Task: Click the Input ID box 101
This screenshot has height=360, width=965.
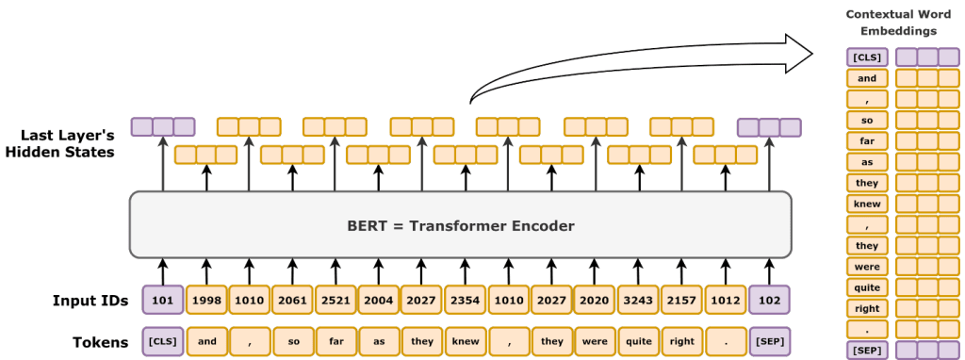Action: click(x=163, y=300)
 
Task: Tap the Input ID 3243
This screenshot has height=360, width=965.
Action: click(x=638, y=300)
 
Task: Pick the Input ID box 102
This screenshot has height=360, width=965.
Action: click(x=767, y=300)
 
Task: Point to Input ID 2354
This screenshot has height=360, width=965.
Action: click(x=466, y=300)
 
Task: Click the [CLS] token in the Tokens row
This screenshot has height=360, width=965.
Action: click(x=163, y=339)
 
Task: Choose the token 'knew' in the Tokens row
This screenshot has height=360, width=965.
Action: click(x=466, y=339)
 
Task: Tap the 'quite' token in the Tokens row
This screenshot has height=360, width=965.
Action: click(x=638, y=339)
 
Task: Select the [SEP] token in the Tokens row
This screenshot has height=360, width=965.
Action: click(x=767, y=339)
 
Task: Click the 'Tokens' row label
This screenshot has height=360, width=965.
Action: click(x=101, y=340)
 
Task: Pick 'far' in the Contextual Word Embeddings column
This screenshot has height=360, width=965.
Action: click(x=867, y=139)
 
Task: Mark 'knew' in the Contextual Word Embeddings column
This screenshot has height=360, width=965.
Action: click(x=867, y=203)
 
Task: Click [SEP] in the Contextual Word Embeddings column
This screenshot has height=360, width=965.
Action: click(x=867, y=350)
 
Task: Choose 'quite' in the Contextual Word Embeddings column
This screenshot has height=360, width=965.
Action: click(x=867, y=287)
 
